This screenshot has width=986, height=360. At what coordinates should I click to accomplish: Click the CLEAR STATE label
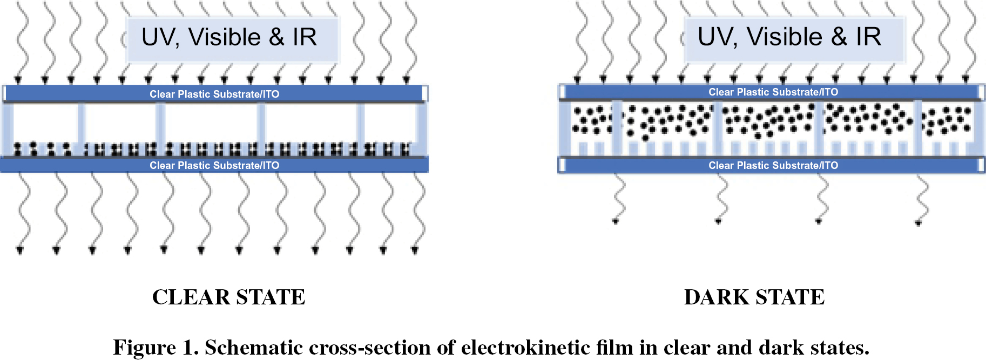(228, 297)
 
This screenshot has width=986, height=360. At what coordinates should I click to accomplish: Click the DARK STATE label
(754, 297)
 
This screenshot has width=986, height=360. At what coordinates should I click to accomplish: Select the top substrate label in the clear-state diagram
(214, 94)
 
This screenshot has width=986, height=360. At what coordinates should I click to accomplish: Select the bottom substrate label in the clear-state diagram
(214, 165)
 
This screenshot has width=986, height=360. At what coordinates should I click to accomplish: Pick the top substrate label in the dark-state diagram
(773, 92)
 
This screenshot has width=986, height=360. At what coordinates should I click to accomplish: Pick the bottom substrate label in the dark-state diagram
(773, 165)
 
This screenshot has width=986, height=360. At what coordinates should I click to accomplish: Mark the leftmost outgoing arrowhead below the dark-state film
(616, 220)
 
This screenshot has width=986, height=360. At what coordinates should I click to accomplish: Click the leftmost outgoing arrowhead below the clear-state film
(20, 250)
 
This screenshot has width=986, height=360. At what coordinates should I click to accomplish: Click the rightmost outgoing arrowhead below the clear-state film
(415, 250)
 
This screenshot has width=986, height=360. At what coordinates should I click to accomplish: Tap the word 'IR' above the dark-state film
(868, 37)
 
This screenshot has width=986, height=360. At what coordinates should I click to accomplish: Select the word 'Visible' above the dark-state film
(785, 37)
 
